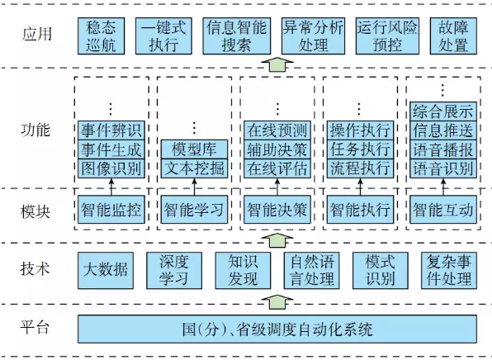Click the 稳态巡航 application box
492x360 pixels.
[x=101, y=36]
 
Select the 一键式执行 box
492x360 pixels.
[x=163, y=36]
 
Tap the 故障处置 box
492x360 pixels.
[x=453, y=36]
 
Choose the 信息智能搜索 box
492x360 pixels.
[x=237, y=36]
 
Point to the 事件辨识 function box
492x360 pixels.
[x=111, y=130]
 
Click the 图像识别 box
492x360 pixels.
[x=111, y=168]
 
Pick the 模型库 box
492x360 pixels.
[x=194, y=149]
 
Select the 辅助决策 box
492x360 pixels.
[x=277, y=149]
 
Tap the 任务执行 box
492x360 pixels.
[x=360, y=149]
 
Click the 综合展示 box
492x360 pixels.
[x=443, y=111]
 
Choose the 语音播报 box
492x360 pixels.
[x=443, y=149]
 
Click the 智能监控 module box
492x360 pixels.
[x=111, y=210]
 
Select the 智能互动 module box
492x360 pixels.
[x=443, y=210]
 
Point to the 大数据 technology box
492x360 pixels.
[x=106, y=270]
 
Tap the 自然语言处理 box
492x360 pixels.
[x=311, y=270]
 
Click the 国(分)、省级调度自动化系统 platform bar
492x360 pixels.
[x=277, y=329]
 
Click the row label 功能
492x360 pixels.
[x=35, y=130]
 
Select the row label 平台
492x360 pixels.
[x=35, y=327]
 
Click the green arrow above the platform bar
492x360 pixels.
[x=277, y=302]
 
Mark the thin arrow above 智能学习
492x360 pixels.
[x=194, y=187]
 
